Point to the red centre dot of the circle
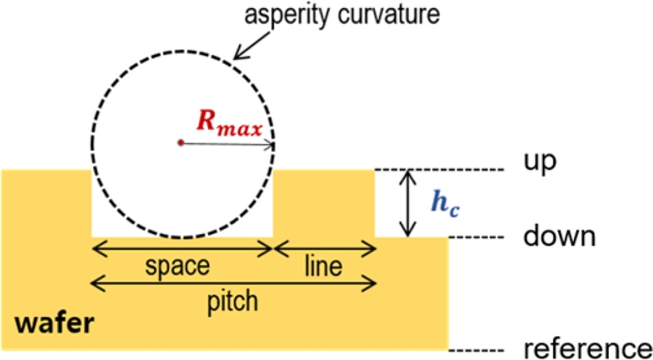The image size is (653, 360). point(180,143)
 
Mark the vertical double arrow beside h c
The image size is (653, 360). point(405,203)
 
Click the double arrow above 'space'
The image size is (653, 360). point(182,247)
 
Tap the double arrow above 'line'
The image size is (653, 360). point(325,247)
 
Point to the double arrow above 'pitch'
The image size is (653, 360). point(233,283)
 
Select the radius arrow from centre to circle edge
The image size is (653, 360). point(229,144)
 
